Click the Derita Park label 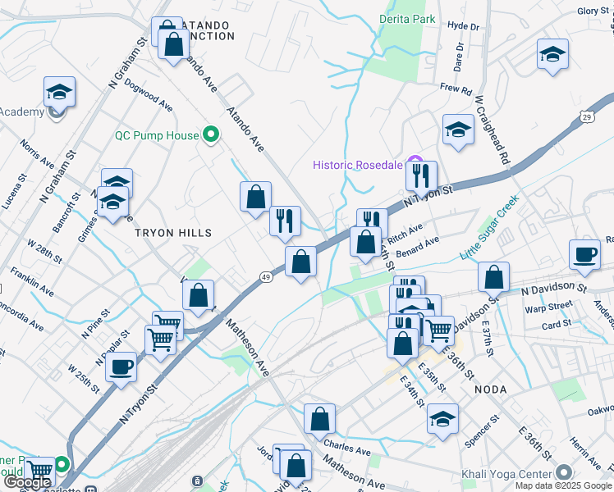pyautogui.click(x=407, y=19)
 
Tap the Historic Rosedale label pyautogui.click(x=358, y=165)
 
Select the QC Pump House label pyautogui.click(x=157, y=136)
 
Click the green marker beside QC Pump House pyautogui.click(x=210, y=136)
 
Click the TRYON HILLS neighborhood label pyautogui.click(x=173, y=233)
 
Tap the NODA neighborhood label pyautogui.click(x=490, y=389)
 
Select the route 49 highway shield pyautogui.click(x=267, y=277)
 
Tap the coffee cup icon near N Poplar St pyautogui.click(x=121, y=367)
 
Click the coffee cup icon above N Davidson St pyautogui.click(x=585, y=253)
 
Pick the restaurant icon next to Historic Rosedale pyautogui.click(x=421, y=175)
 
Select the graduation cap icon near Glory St pyautogui.click(x=552, y=55)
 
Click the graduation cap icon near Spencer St pyautogui.click(x=442, y=419)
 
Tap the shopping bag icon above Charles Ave pyautogui.click(x=319, y=419)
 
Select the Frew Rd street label pyautogui.click(x=456, y=89)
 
